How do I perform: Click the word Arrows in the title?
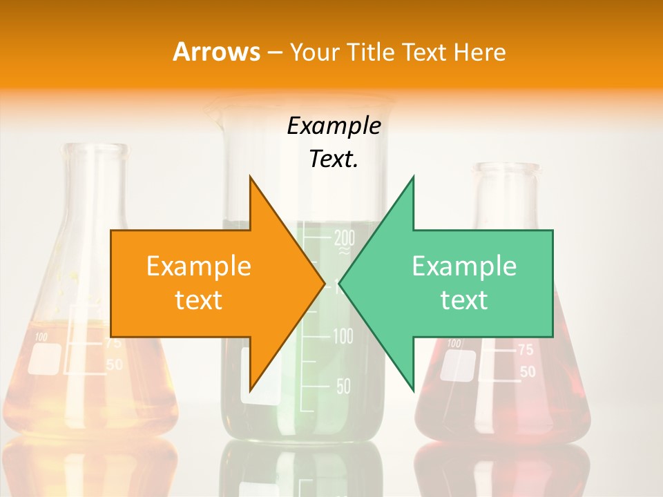click(x=216, y=52)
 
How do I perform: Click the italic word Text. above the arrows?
click(x=334, y=159)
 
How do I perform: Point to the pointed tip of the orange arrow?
click(x=324, y=282)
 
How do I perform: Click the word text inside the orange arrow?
click(x=198, y=300)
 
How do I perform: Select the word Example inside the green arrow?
click(x=464, y=266)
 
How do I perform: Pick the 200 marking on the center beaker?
click(x=344, y=239)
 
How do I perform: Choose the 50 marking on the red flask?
click(x=527, y=372)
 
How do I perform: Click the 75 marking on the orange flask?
click(x=114, y=343)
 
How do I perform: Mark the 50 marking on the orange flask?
click(x=114, y=364)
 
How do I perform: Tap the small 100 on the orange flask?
click(x=41, y=338)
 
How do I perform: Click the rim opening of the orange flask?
click(x=94, y=149)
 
